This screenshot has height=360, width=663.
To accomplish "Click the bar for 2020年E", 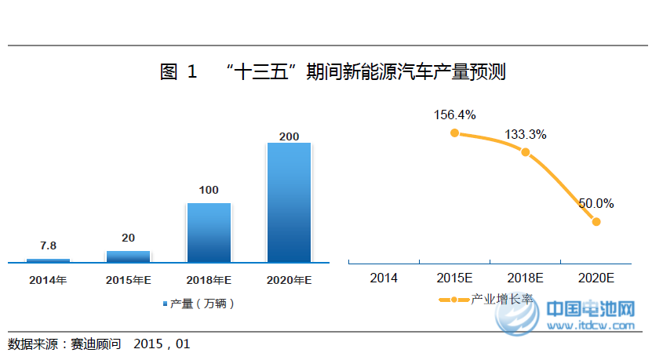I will pos(289,202).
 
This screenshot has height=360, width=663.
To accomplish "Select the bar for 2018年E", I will pos(209,232).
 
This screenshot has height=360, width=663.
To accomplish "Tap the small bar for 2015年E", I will pos(128,256).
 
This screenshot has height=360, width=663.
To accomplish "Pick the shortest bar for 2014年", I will pos(48,260).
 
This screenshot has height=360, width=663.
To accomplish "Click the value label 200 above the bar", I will pos(289,136).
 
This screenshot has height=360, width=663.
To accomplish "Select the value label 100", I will pos(209,190).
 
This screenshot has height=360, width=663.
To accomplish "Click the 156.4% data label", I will pos(454,115).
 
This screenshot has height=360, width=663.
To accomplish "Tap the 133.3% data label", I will pos(525,134).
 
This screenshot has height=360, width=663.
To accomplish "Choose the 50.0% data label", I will pos(596,203).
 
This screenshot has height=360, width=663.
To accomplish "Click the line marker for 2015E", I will pos(454,133).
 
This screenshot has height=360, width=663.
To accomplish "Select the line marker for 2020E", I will pos(596,222).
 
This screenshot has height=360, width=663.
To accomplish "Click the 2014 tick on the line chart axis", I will pos(384,278).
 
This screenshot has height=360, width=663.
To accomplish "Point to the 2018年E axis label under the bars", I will pos(209,279).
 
